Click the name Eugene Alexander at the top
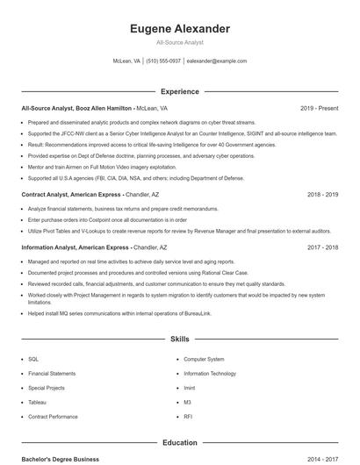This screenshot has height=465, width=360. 179,29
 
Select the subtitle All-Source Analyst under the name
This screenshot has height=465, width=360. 179,43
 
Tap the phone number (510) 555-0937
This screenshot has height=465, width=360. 163,61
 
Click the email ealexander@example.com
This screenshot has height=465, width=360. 218,61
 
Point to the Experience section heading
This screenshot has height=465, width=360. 179,91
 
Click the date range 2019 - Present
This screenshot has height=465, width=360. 319,108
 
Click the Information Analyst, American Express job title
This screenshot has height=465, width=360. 76,247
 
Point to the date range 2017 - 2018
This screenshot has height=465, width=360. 322,247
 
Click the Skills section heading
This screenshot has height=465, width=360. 179,338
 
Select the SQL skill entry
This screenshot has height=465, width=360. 33,359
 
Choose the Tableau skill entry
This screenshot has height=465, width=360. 37,402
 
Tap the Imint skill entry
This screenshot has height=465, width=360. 190,388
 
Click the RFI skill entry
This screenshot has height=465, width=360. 188,416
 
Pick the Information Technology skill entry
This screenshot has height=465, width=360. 210,373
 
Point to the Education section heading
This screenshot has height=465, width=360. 179,443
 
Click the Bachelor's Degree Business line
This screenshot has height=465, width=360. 61,460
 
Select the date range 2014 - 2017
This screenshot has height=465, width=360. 322,460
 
